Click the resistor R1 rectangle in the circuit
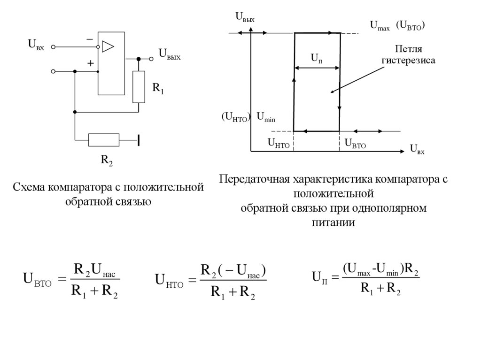[139, 87]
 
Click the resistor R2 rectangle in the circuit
[104, 140]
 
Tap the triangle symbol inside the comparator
[108, 46]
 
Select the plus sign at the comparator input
[90, 63]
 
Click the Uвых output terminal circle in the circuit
[151, 59]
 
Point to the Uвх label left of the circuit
[36, 45]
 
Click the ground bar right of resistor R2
[139, 140]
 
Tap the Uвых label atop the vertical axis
[245, 18]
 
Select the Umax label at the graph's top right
[380, 26]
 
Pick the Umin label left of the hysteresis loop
[265, 117]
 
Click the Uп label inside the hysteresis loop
[316, 58]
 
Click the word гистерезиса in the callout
[408, 61]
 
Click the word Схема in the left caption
[29, 187]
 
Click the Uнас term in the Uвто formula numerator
[103, 270]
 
